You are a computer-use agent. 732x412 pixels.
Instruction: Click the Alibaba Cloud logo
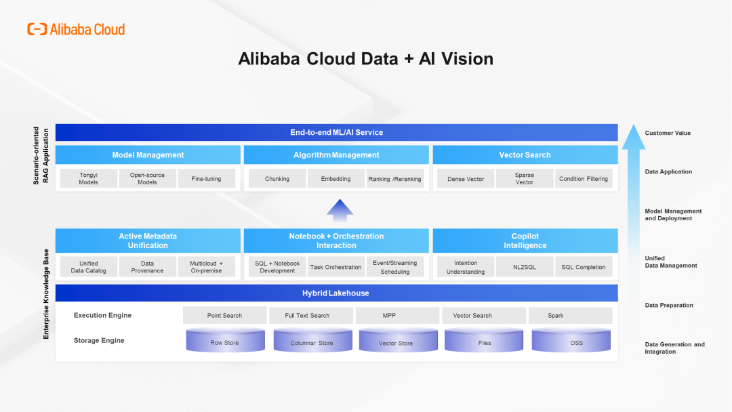(x=76, y=29)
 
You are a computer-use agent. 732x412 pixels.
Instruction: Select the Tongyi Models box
(x=88, y=179)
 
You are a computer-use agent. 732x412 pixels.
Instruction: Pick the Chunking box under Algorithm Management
(x=277, y=179)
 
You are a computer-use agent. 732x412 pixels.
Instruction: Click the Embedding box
(x=336, y=179)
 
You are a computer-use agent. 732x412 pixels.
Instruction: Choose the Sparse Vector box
(x=524, y=179)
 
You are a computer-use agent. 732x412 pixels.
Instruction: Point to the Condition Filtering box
(x=584, y=179)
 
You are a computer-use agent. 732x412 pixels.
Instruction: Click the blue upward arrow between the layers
(x=340, y=211)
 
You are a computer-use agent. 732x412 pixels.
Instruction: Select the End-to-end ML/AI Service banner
(x=336, y=132)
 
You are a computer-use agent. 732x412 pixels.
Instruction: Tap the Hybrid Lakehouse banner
(x=336, y=293)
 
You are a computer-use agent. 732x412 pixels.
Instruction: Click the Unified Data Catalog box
(x=88, y=267)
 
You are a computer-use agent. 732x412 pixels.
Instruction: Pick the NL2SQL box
(x=524, y=267)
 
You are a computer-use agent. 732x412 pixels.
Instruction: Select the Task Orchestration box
(x=336, y=267)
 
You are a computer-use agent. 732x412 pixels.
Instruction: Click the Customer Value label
(x=668, y=133)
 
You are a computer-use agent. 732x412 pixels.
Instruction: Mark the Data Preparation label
(x=668, y=306)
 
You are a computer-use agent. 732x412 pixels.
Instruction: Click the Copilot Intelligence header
(x=525, y=241)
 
